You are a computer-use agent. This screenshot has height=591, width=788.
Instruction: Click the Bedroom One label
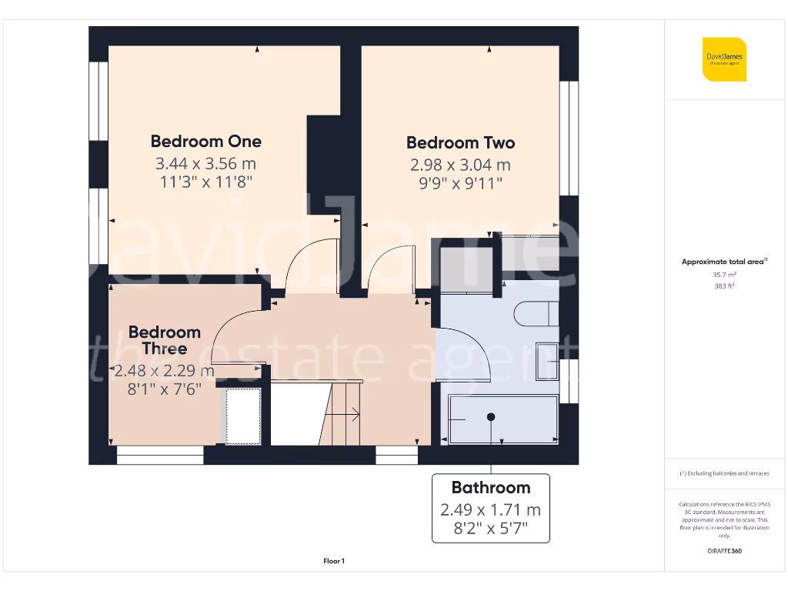pyautogui.click(x=205, y=141)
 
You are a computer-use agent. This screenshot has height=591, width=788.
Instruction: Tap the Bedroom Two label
pyautogui.click(x=460, y=142)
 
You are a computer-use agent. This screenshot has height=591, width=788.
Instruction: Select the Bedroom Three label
pyautogui.click(x=164, y=340)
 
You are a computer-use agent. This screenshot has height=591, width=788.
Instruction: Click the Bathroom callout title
pyautogui.click(x=490, y=487)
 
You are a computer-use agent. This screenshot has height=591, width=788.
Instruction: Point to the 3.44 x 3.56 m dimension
pyautogui.click(x=205, y=163)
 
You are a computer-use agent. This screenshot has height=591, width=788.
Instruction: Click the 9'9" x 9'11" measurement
pyautogui.click(x=460, y=183)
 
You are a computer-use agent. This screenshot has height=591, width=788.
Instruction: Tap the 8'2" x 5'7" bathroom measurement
pyautogui.click(x=490, y=529)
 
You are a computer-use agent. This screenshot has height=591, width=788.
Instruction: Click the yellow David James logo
pyautogui.click(x=724, y=59)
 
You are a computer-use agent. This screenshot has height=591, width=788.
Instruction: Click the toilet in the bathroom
pyautogui.click(x=536, y=313)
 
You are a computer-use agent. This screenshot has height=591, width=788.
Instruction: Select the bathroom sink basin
pyautogui.click(x=548, y=360)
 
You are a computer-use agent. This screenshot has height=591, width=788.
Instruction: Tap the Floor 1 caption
pyautogui.click(x=334, y=562)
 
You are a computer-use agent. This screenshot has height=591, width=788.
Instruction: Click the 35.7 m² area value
pyautogui.click(x=724, y=274)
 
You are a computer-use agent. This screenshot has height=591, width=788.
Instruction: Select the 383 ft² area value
pyautogui.click(x=724, y=285)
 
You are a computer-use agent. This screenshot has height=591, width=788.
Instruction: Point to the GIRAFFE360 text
pyautogui.click(x=724, y=551)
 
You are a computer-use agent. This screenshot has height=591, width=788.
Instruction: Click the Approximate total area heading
pyautogui.click(x=724, y=262)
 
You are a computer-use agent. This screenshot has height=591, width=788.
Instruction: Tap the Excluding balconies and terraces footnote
pyautogui.click(x=724, y=473)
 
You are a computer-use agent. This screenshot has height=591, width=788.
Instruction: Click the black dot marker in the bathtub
pyautogui.click(x=490, y=416)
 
